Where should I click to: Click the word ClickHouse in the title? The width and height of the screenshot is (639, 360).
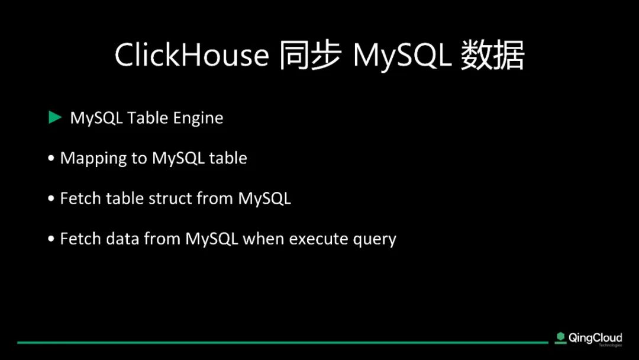(x=192, y=54)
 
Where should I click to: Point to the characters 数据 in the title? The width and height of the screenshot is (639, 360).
(x=493, y=55)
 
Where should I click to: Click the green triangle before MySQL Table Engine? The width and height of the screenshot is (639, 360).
(x=54, y=117)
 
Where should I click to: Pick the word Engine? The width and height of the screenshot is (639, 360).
(x=198, y=118)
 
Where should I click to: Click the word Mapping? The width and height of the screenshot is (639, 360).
(x=93, y=159)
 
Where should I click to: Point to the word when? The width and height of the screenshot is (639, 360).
(x=263, y=239)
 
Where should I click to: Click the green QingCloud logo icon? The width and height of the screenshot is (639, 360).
(x=561, y=337)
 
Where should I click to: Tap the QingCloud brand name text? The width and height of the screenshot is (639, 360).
(x=595, y=338)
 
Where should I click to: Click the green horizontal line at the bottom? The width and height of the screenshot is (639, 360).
(x=282, y=342)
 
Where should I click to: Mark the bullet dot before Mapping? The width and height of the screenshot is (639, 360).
(x=51, y=158)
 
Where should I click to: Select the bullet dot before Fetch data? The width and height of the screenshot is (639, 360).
(x=51, y=239)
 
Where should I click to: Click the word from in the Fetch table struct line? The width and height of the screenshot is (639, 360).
(x=215, y=198)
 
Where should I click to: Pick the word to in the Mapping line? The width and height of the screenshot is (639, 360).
(x=139, y=158)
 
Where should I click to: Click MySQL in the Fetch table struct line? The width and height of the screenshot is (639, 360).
(x=264, y=199)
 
